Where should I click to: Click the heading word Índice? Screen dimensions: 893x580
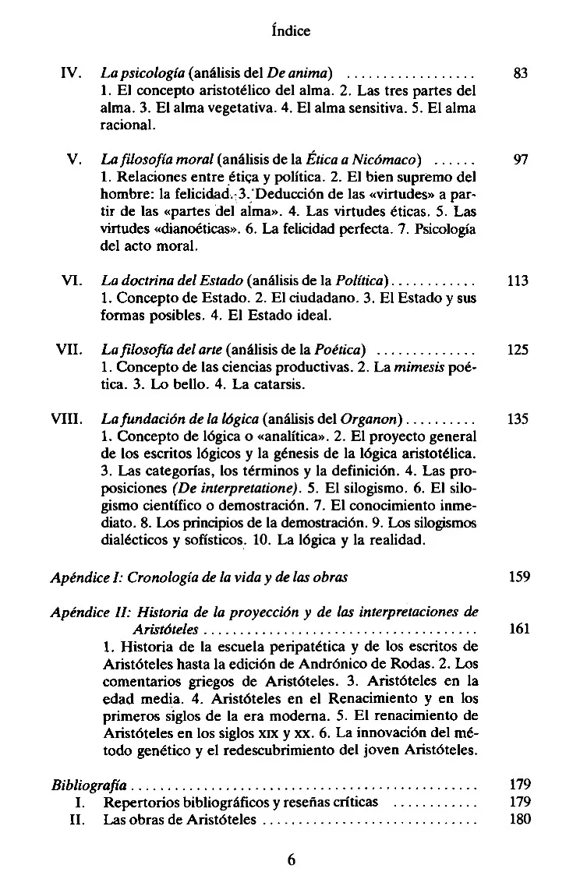[x=289, y=31]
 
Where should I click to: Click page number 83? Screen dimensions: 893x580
[x=522, y=75]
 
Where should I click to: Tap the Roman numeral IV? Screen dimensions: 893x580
[x=72, y=75]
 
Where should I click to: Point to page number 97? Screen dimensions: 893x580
[x=522, y=161]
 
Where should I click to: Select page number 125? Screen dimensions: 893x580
[x=518, y=350]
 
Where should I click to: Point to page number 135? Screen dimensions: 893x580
[x=518, y=418]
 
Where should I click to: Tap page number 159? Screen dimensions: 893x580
[x=518, y=577]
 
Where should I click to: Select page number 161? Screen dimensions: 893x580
[x=518, y=628]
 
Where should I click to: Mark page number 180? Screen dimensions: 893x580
[x=518, y=819]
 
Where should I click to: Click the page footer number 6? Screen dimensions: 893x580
[x=291, y=861]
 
